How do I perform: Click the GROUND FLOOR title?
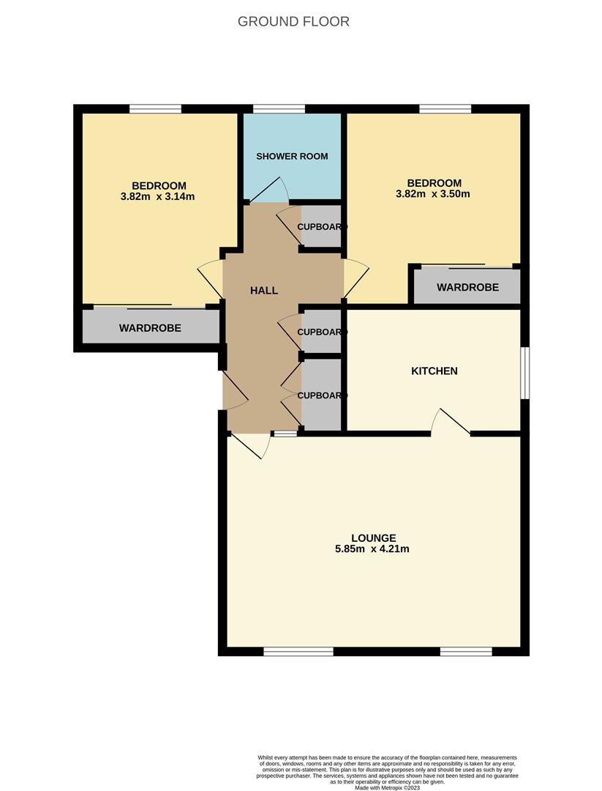(293, 21)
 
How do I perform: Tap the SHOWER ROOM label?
(292, 156)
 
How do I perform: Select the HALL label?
(264, 290)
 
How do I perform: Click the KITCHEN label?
(434, 371)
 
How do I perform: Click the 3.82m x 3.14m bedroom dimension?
(159, 196)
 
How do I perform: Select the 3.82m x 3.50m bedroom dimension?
(434, 194)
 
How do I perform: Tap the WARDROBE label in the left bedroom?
(150, 328)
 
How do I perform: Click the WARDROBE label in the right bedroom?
(467, 287)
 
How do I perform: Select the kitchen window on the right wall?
(524, 373)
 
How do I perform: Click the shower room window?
(279, 109)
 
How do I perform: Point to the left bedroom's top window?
(155, 109)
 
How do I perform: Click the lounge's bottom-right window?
(466, 651)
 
